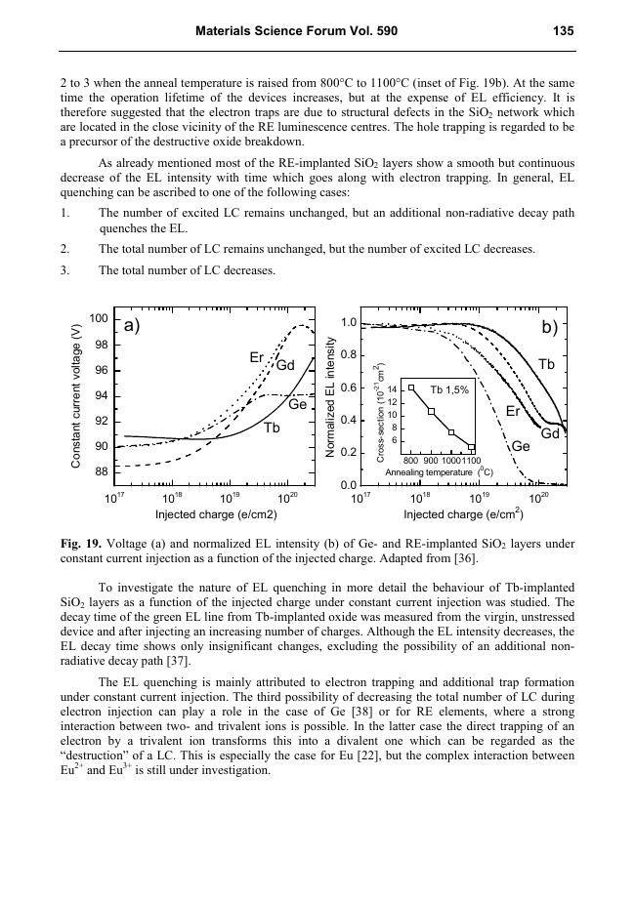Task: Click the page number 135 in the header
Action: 562,31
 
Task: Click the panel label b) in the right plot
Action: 548,328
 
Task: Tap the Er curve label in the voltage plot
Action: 257,358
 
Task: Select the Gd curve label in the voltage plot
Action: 285,366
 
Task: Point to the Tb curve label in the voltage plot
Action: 273,428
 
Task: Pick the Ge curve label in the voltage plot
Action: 298,404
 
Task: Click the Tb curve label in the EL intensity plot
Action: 546,364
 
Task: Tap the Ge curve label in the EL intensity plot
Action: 522,446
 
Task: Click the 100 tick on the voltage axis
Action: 97,319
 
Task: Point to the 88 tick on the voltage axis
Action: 100,471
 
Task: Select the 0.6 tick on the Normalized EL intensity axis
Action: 347,388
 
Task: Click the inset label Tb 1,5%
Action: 449,389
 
